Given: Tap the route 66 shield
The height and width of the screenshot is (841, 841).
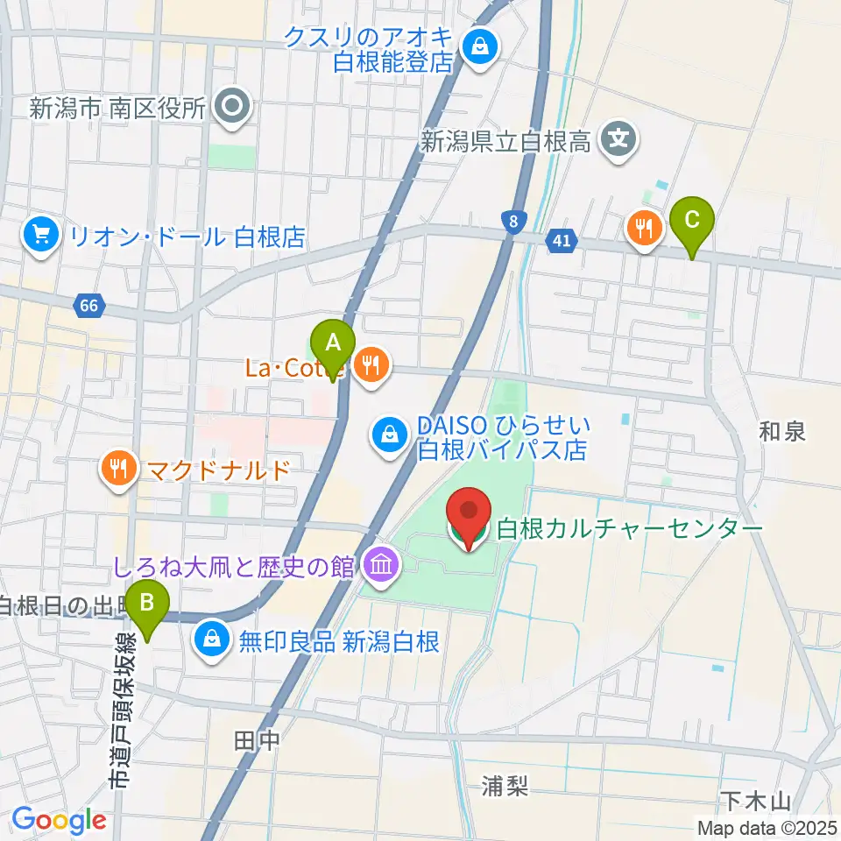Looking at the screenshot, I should click(x=88, y=307).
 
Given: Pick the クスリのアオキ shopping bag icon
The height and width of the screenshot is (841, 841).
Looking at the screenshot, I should click(x=480, y=46).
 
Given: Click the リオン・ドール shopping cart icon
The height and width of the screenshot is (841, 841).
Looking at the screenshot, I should click(x=41, y=236).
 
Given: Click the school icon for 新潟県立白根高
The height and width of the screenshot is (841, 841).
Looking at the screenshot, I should click(x=619, y=140).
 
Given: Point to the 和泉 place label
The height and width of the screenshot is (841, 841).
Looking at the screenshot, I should click(x=782, y=431).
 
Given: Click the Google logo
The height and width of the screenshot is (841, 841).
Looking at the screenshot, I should click(x=59, y=821).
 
